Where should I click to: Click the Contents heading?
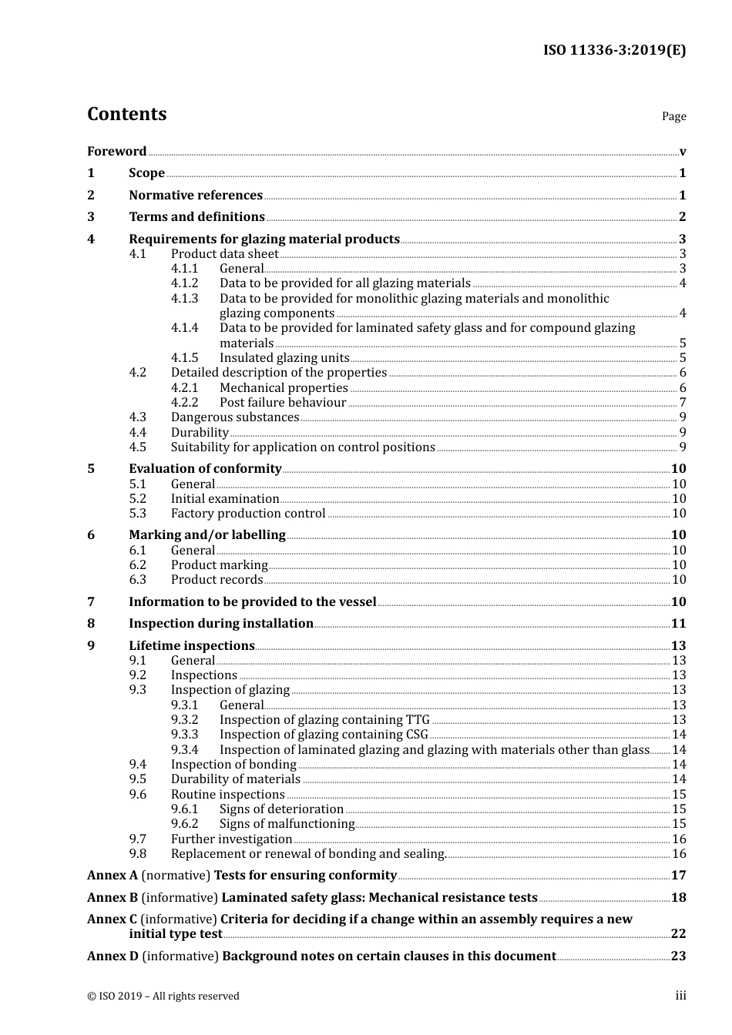pyautogui.click(x=126, y=114)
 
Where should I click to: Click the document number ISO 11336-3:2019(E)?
pyautogui.click(x=614, y=50)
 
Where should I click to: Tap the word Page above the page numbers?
pyautogui.click(x=673, y=116)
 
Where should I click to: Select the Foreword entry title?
pyautogui.click(x=116, y=151)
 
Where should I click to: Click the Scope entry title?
pyautogui.click(x=146, y=173)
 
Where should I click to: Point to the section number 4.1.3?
pyautogui.click(x=184, y=299)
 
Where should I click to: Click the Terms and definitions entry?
pyautogui.click(x=196, y=217)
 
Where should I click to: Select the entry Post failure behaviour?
pyautogui.click(x=283, y=403)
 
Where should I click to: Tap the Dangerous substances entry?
pyautogui.click(x=235, y=417)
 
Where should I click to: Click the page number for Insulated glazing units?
pyautogui.click(x=682, y=358)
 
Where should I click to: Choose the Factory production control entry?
pyautogui.click(x=248, y=514)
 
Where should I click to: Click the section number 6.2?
pyautogui.click(x=137, y=565)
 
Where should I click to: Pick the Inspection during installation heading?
pyautogui.click(x=221, y=624)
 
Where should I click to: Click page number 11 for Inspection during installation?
pyautogui.click(x=678, y=624)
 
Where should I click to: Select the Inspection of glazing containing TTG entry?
pyautogui.click(x=324, y=720)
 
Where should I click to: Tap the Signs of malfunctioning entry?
pyautogui.click(x=287, y=824)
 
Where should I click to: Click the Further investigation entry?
pyautogui.click(x=231, y=839)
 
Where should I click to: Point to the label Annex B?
pyautogui.click(x=112, y=898)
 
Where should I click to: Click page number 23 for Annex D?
pyautogui.click(x=678, y=956)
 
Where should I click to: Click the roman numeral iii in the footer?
pyautogui.click(x=680, y=996)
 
